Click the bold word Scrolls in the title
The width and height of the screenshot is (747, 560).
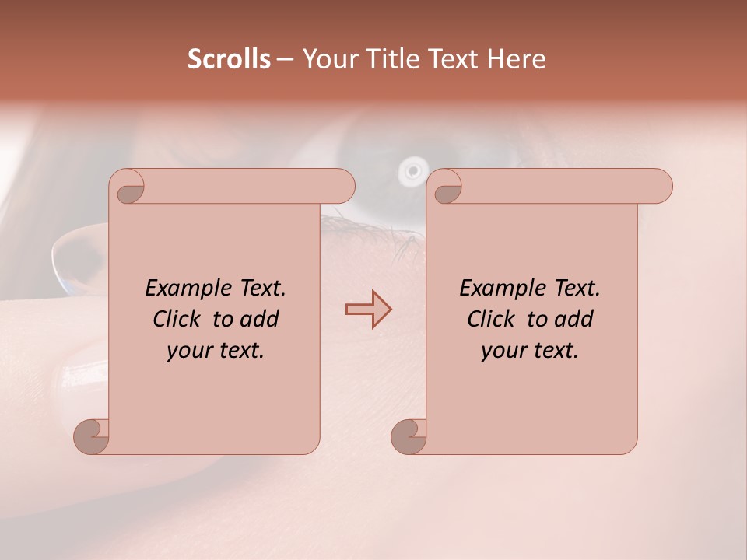pos(229,59)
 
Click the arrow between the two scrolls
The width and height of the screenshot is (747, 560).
pos(368,310)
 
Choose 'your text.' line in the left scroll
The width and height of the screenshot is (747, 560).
pos(216,351)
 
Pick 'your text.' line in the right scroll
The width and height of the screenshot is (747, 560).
pos(530,351)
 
